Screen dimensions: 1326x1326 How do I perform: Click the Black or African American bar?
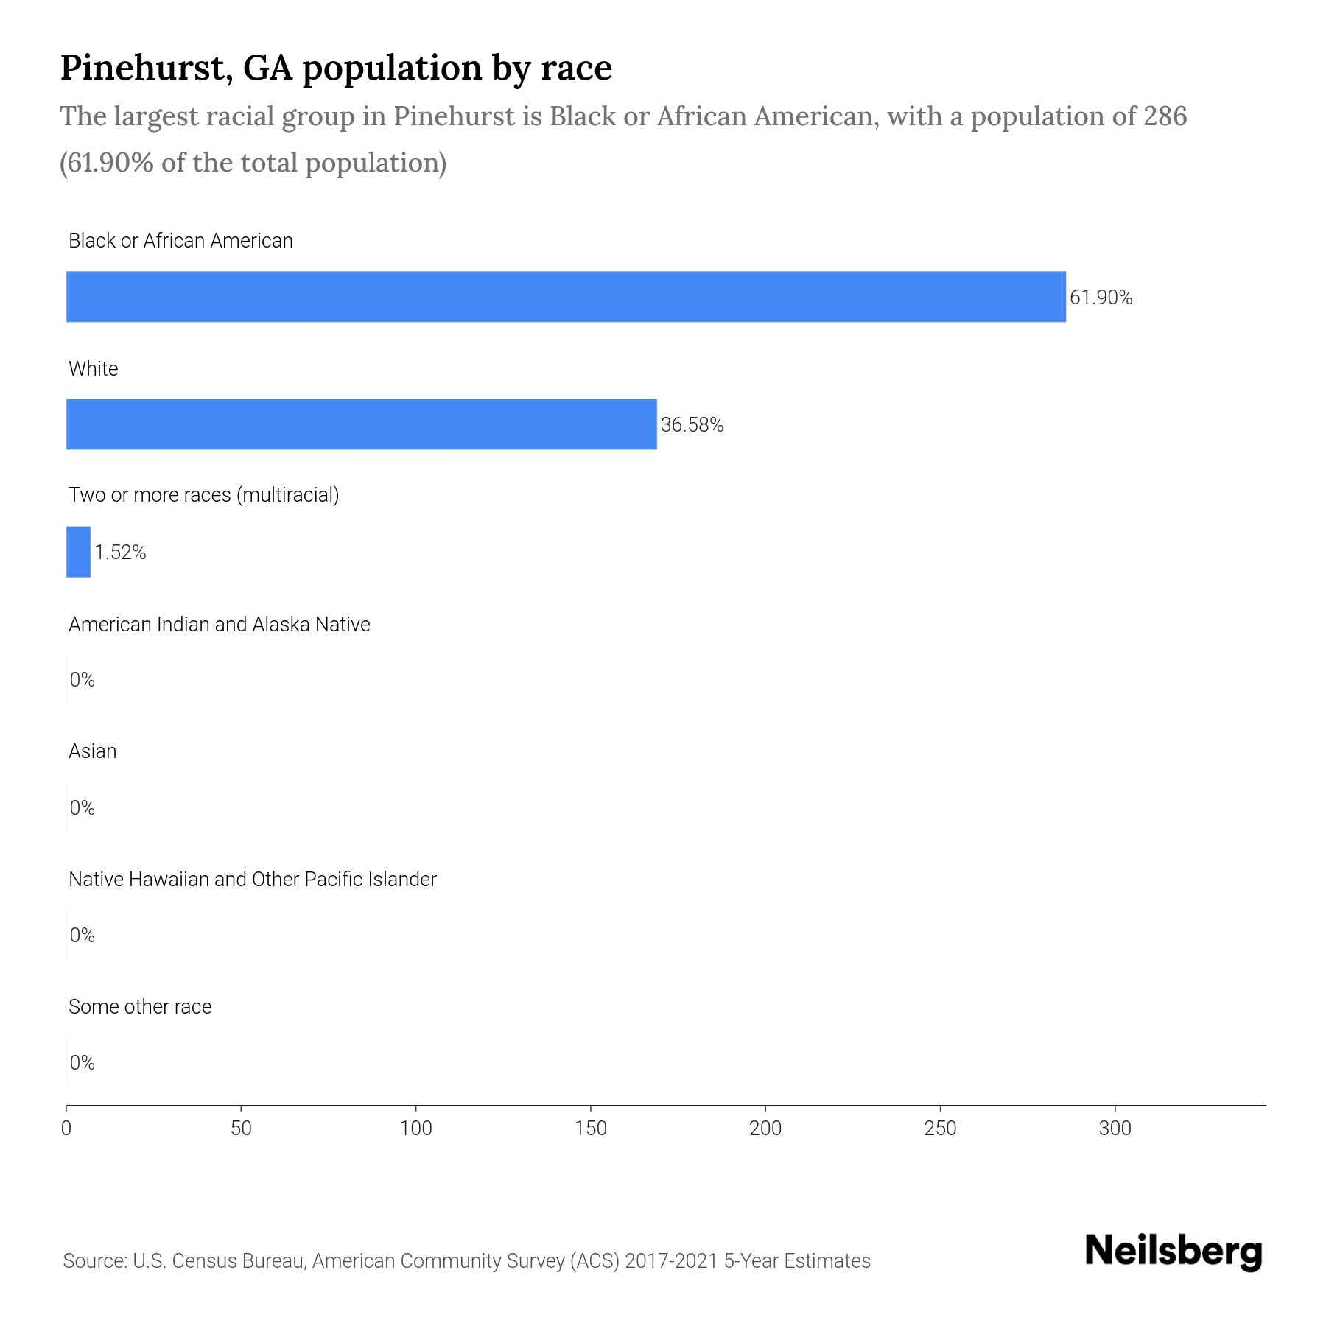[566, 297]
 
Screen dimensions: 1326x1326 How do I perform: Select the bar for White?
[361, 424]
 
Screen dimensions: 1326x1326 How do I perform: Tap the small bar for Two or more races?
[78, 552]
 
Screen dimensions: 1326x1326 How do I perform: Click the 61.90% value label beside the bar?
[1101, 298]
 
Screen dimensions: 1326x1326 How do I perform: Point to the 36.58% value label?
[692, 425]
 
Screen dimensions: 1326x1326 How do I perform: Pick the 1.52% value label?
[120, 552]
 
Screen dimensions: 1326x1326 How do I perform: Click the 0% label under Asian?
[83, 808]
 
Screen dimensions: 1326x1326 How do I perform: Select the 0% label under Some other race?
[83, 1062]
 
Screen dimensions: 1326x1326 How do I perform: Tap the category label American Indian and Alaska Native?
[219, 625]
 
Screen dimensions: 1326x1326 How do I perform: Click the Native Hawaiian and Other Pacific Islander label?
[252, 880]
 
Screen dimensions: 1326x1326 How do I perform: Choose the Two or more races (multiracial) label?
[203, 495]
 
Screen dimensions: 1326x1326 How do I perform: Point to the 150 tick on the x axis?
[591, 1129]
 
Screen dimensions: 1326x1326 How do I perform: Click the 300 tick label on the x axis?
[1115, 1129]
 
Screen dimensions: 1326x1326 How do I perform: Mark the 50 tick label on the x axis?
[241, 1129]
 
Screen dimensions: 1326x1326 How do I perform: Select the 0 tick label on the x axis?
[66, 1129]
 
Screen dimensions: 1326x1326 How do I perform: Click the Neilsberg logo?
[1174, 1252]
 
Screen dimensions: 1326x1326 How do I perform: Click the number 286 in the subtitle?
[1165, 116]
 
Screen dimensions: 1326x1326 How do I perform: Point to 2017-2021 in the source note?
[671, 1261]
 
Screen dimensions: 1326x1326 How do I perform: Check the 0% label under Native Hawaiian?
[83, 936]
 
